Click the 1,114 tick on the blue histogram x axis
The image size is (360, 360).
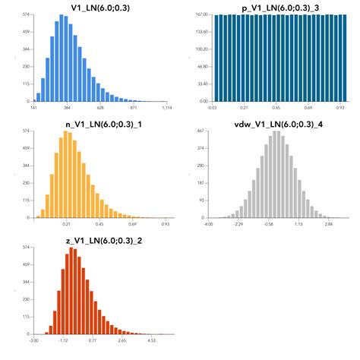coord(167,109)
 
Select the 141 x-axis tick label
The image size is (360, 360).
coord(34,109)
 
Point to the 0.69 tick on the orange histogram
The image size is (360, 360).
coord(133,225)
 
